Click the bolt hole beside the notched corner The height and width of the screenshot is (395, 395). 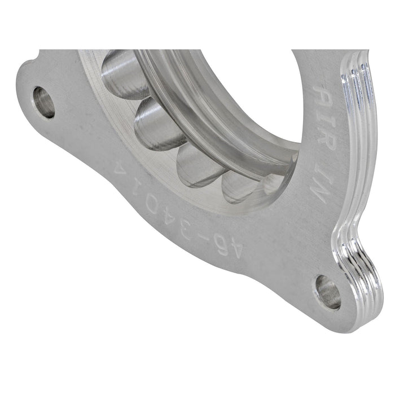pos(43,102)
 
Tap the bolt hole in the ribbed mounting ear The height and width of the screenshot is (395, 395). pos(327,291)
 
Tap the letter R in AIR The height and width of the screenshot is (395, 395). pos(326,141)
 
